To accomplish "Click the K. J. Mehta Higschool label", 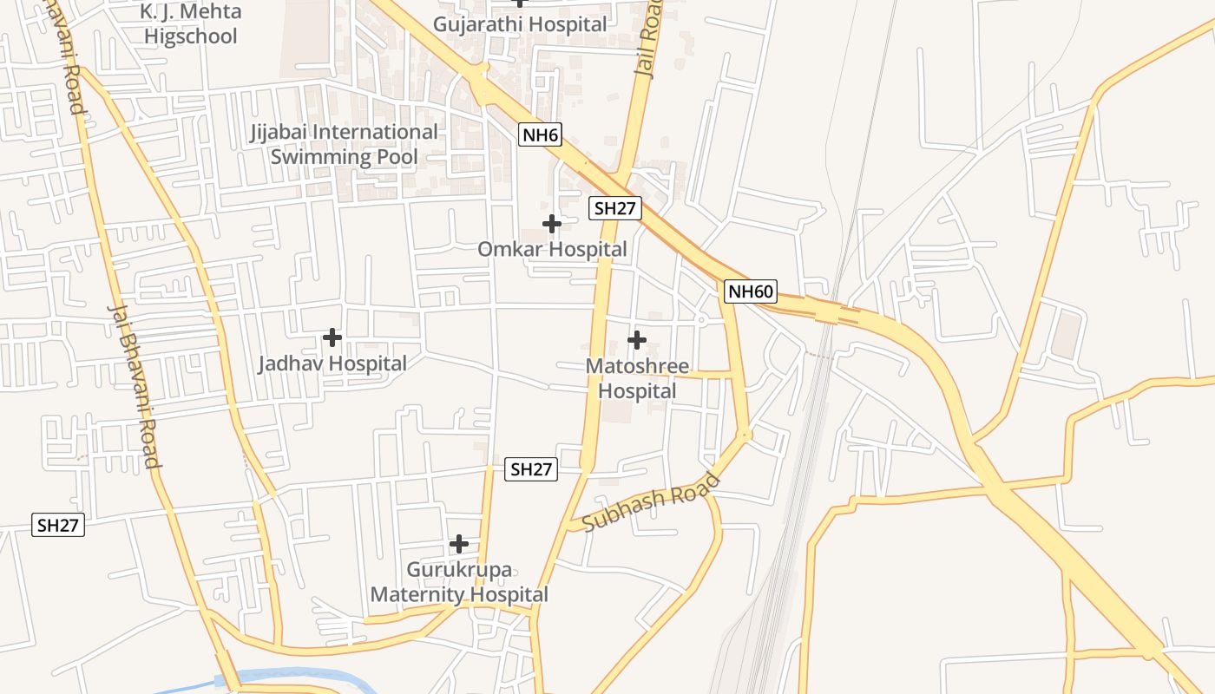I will [190, 24].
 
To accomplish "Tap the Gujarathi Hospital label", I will [520, 24].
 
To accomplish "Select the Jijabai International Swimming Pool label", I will [345, 144].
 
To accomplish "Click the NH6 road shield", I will [541, 134].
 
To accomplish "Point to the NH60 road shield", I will [750, 291].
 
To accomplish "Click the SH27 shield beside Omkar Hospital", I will [614, 208].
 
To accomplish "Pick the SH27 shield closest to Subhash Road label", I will [531, 469].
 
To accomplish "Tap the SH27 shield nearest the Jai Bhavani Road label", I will [59, 525].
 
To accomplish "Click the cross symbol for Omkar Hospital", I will [551, 224].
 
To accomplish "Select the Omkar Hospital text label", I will [552, 250].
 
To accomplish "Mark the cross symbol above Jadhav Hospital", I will [332, 337].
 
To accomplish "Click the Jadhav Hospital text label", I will [332, 363].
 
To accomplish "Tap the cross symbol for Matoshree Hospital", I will [636, 339].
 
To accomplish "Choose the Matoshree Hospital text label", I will [637, 378].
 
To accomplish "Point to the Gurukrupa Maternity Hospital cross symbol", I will [459, 544].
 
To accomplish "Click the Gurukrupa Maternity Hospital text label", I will [459, 582].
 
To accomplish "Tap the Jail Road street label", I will [648, 39].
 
